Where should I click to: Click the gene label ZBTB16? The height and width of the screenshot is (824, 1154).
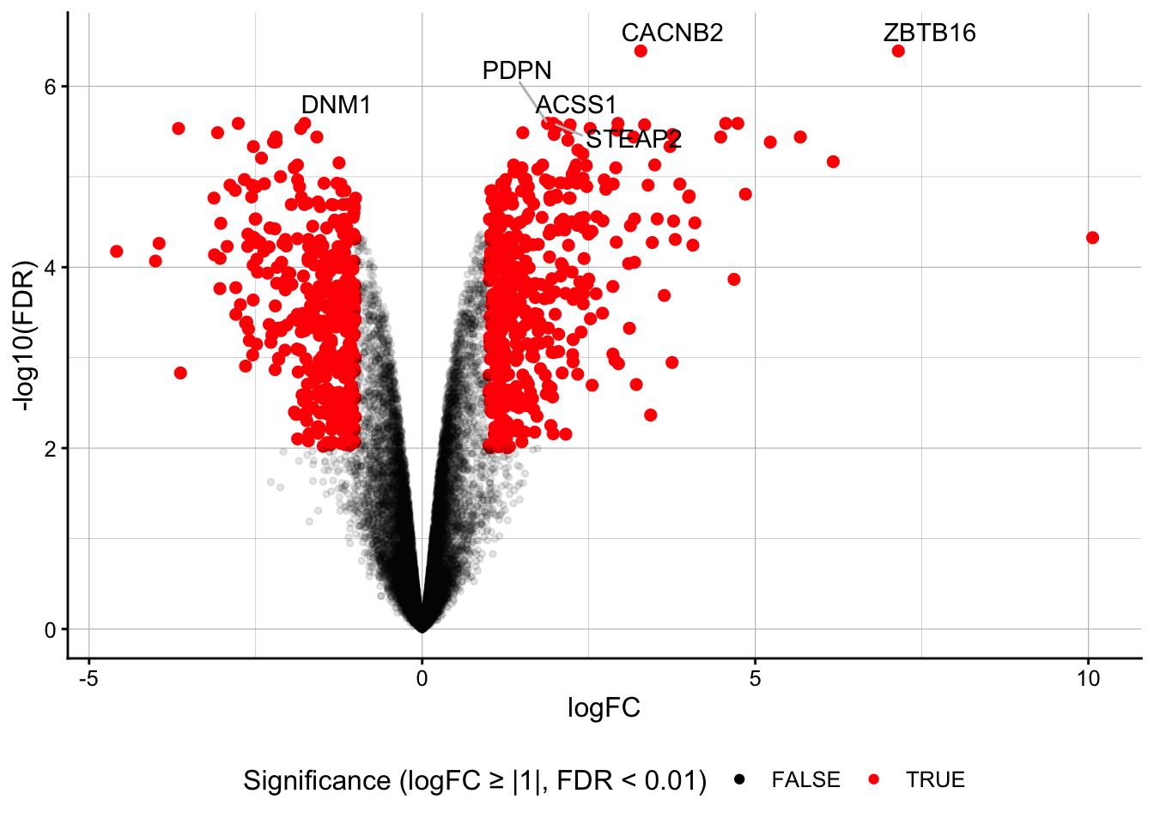click(929, 33)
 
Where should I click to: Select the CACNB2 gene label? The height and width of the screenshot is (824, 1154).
click(672, 33)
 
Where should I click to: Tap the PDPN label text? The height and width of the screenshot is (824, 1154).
click(517, 70)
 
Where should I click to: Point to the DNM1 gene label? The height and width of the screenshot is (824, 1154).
click(336, 105)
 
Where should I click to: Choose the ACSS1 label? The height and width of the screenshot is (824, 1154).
click(576, 105)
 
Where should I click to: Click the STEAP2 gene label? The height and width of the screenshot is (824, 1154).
click(634, 139)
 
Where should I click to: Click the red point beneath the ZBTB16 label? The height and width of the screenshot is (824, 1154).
click(898, 51)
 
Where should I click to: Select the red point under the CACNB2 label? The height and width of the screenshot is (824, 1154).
click(641, 51)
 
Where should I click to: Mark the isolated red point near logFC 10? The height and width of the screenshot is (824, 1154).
click(1092, 238)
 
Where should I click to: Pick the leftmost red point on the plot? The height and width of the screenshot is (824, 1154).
click(117, 251)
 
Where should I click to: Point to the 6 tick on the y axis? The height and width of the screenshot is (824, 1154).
click(50, 87)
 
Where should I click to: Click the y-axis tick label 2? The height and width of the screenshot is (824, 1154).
click(50, 448)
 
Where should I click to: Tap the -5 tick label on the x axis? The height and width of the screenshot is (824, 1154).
click(88, 679)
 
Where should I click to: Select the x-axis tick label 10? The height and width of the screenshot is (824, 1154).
click(1088, 679)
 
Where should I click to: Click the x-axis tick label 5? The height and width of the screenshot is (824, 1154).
click(755, 679)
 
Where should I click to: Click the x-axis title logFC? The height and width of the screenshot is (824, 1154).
click(604, 708)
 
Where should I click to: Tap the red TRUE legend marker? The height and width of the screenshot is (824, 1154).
click(874, 779)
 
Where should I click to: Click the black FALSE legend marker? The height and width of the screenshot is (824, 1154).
click(739, 779)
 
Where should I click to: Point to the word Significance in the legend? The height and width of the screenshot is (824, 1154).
click(316, 781)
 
